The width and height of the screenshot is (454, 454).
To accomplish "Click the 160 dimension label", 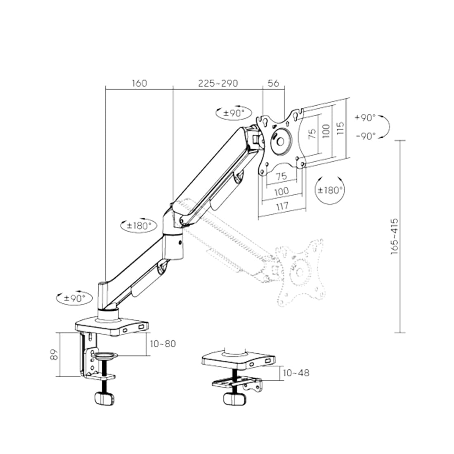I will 139,83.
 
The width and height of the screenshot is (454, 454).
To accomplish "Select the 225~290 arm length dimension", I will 218,83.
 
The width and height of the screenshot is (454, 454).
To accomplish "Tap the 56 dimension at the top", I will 273,83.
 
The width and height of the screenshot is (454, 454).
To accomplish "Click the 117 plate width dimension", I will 281,205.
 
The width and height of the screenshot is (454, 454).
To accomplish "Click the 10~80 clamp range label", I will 163,343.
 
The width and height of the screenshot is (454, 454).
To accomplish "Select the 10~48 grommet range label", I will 296,373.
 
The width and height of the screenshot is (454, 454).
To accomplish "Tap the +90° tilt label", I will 365,118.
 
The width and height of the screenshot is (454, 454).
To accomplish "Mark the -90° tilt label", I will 365,136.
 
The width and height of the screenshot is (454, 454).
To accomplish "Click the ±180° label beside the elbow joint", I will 139,226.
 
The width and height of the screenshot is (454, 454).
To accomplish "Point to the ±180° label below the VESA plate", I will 330,190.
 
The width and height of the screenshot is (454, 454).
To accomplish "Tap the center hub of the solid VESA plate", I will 280,141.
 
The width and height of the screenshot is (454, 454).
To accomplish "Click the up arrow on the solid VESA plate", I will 286,123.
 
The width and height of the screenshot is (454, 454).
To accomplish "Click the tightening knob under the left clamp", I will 103,398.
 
